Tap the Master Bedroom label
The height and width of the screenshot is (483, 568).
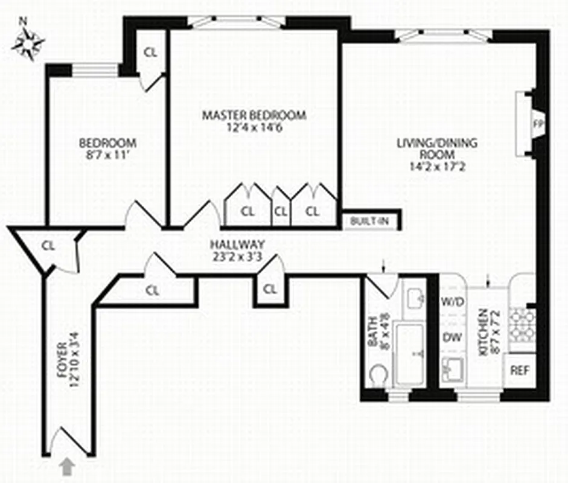coord(254,121)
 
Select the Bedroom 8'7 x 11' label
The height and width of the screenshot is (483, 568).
coord(108,149)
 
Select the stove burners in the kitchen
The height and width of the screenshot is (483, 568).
coord(519,326)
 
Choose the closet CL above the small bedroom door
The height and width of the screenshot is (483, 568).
coord(150,52)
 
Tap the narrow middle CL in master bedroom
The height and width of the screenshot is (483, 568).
coord(280,212)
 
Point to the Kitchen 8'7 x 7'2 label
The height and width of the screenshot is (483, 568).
coord(488,332)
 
